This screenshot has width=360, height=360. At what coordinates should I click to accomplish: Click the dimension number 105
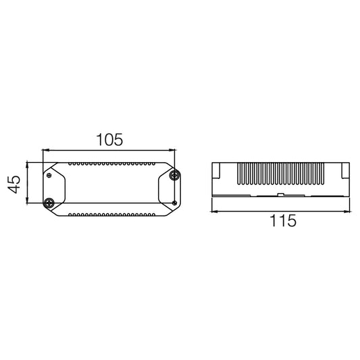coord(109,140)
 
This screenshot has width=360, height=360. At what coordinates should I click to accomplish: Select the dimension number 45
coord(14,184)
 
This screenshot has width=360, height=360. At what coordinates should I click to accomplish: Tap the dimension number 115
coord(283,221)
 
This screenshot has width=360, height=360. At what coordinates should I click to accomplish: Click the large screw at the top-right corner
coord(174,176)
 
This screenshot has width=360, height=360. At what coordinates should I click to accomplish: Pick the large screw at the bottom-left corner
coord(49,203)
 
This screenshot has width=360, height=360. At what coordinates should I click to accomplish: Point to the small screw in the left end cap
coord(49,176)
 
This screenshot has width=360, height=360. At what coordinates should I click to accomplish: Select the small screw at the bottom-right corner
coord(174,203)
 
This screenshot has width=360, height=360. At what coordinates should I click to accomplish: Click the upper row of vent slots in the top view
coord(112,164)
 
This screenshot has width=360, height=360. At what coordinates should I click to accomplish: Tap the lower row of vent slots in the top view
coord(112,215)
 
